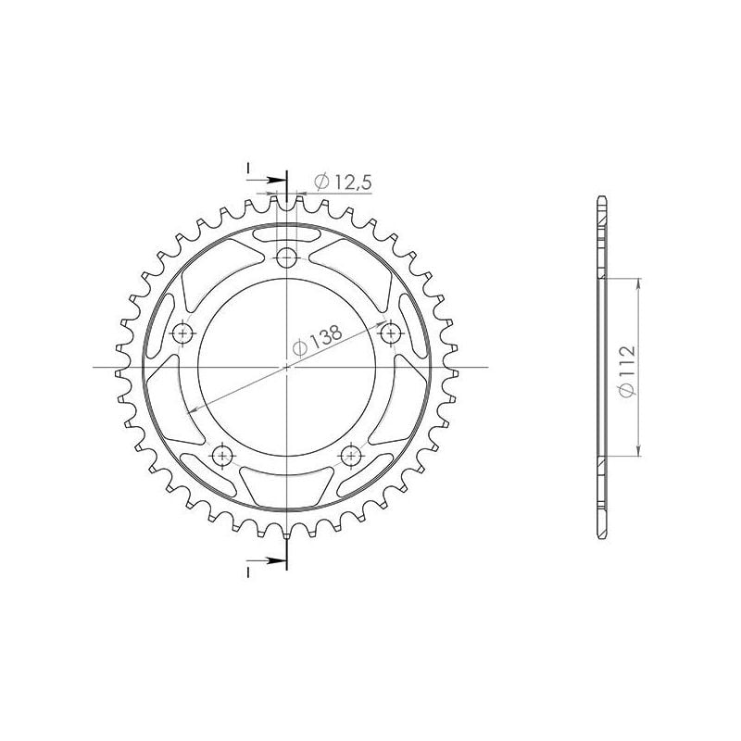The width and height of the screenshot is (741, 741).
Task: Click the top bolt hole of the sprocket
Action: [287, 257]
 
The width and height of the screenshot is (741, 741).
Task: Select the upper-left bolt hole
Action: [183, 333]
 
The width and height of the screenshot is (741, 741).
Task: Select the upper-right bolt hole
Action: [391, 333]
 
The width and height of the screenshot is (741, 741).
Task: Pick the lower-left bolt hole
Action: [223, 455]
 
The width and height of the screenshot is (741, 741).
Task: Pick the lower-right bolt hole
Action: [351, 455]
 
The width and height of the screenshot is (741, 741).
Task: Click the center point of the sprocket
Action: [287, 369]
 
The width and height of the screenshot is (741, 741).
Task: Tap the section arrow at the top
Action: [276, 180]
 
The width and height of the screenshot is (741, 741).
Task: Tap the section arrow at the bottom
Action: [276, 559]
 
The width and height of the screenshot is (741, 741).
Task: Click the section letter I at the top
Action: [248, 169]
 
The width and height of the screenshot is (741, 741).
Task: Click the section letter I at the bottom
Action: [248, 571]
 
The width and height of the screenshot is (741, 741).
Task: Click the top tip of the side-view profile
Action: [601, 198]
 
